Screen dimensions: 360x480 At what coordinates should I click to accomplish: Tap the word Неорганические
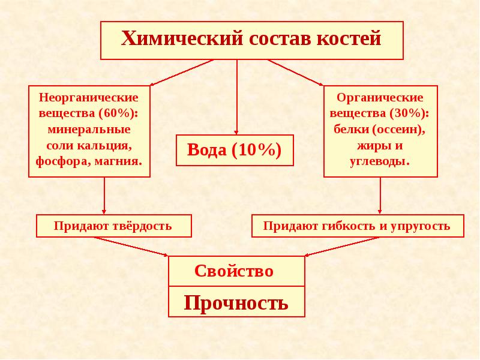(x=89, y=97)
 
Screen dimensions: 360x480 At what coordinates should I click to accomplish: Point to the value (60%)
(x=119, y=113)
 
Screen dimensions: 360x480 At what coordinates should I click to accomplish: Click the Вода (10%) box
(x=235, y=150)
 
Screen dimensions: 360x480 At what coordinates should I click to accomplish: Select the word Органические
(x=380, y=97)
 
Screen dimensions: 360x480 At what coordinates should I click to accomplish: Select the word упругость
(x=420, y=226)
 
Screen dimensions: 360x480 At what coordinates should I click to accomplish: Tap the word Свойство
(x=234, y=271)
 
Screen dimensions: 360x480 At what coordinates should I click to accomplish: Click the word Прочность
(x=236, y=302)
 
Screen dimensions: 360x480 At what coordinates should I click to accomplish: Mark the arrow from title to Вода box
(x=236, y=96)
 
